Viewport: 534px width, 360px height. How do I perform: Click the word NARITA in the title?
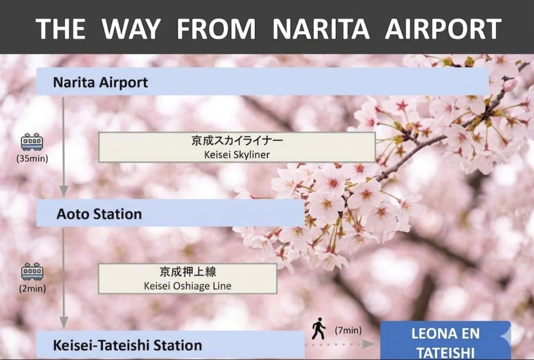pyautogui.click(x=321, y=28)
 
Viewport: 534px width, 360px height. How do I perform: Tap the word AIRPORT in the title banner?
pyautogui.click(x=443, y=28)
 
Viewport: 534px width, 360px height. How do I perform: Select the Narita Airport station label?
pyautogui.click(x=101, y=82)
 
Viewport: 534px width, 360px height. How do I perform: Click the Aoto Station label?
pyautogui.click(x=99, y=214)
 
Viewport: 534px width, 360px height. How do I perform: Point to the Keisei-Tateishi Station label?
pyautogui.click(x=128, y=345)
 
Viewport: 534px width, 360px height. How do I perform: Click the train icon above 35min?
pyautogui.click(x=32, y=142)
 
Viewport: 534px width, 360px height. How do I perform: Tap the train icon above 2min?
pyautogui.click(x=32, y=271)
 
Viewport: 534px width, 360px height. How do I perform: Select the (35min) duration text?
pyautogui.click(x=32, y=158)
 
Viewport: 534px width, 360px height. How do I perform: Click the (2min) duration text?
pyautogui.click(x=32, y=288)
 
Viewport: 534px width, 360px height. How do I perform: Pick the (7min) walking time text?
pyautogui.click(x=348, y=330)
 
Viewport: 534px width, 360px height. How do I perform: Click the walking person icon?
pyautogui.click(x=319, y=328)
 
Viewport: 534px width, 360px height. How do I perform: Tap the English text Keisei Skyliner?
pyautogui.click(x=237, y=155)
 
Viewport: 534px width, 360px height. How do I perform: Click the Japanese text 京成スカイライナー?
pyautogui.click(x=237, y=141)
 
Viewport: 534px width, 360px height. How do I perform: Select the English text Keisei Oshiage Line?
pyautogui.click(x=188, y=286)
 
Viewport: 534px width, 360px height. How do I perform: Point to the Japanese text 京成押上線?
pyautogui.click(x=188, y=272)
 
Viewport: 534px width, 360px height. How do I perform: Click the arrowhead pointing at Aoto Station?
pyautogui.click(x=64, y=191)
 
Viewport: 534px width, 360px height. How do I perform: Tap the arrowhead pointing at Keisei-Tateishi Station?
pyautogui.click(x=64, y=323)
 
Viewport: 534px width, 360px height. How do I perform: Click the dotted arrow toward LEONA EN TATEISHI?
pyautogui.click(x=340, y=344)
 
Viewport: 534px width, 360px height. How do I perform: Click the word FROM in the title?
pyautogui.click(x=216, y=28)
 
